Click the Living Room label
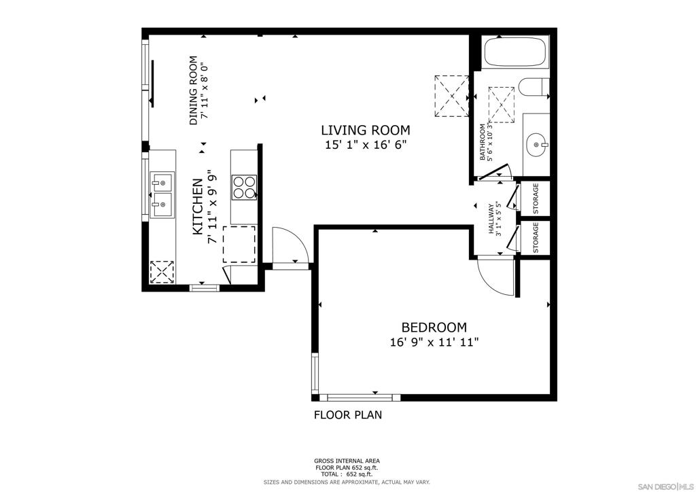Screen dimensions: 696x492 (365, 130)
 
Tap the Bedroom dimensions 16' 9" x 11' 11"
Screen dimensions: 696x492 (434, 342)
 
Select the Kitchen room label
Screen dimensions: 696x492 (198, 207)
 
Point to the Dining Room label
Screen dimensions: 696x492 (193, 90)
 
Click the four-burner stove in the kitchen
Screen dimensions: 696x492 (244, 187)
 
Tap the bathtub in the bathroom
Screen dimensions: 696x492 (515, 52)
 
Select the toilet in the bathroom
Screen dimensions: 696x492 (534, 87)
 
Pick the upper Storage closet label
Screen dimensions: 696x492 (536, 198)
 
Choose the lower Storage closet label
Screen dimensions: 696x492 (536, 237)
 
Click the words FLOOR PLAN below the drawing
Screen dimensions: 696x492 (348, 415)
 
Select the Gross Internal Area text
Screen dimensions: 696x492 (347, 461)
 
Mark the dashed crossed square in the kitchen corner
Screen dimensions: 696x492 (162, 272)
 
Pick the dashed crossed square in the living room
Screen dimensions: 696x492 (451, 96)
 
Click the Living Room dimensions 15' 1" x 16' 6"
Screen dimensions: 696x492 (366, 145)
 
